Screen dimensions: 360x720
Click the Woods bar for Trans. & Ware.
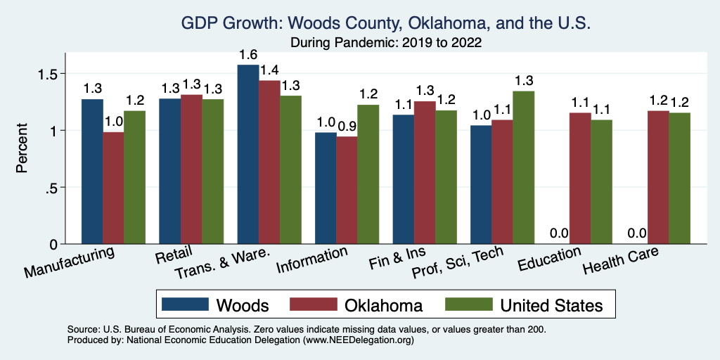(248, 155)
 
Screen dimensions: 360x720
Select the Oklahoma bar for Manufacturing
(114, 188)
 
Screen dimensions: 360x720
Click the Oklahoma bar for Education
(580, 179)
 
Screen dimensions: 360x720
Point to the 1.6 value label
(248, 55)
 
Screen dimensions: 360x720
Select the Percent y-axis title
(23, 149)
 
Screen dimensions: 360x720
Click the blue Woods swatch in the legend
(186, 305)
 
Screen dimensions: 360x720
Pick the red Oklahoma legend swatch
(313, 305)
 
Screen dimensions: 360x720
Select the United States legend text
(551, 305)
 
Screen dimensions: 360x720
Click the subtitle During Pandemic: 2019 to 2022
(386, 42)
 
